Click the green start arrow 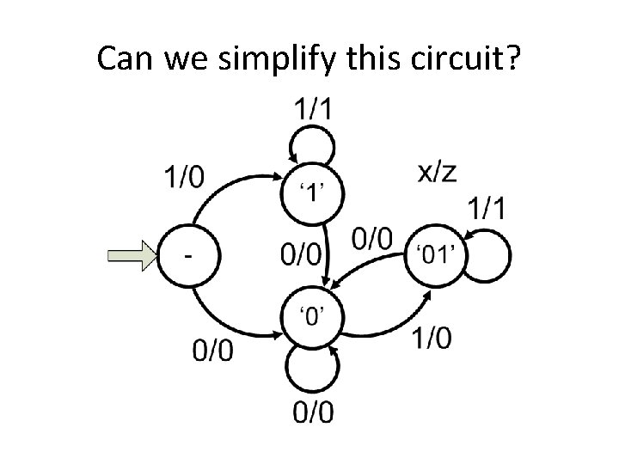(130, 254)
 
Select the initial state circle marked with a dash (187, 254)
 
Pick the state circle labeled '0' (311, 315)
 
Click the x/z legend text (436, 171)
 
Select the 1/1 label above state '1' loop (313, 108)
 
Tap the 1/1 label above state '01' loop (487, 207)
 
